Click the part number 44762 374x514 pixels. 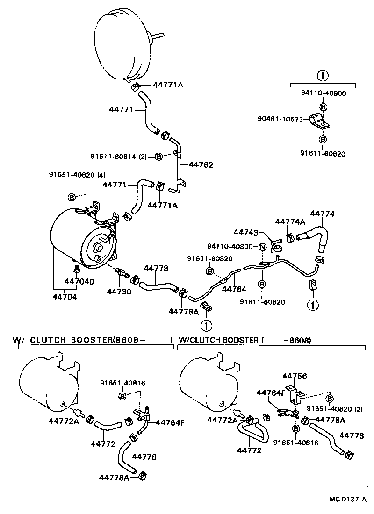pos(201,165)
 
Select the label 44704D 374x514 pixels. pos(79,281)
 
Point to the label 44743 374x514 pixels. pos(245,232)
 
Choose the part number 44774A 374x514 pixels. pos(290,222)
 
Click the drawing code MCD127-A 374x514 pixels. pos(347,500)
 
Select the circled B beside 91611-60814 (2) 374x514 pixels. pos(158,157)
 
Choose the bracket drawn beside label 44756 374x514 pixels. pos(294,394)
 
